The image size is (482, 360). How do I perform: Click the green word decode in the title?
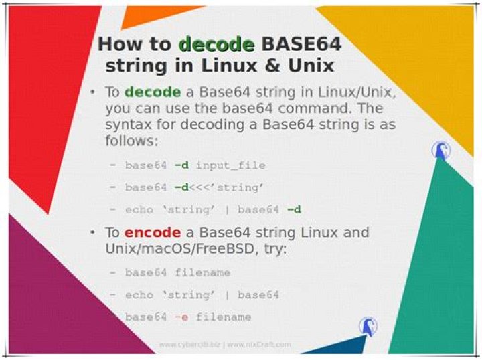point(217,45)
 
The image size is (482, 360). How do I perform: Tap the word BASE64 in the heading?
point(301,45)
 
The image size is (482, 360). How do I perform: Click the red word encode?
point(152,233)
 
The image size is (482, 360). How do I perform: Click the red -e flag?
point(179,317)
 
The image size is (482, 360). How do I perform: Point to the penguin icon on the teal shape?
point(440,150)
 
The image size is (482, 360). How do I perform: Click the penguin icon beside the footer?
point(367,326)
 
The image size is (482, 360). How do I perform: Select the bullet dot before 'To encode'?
point(93,233)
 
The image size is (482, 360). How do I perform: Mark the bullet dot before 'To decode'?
point(93,92)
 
